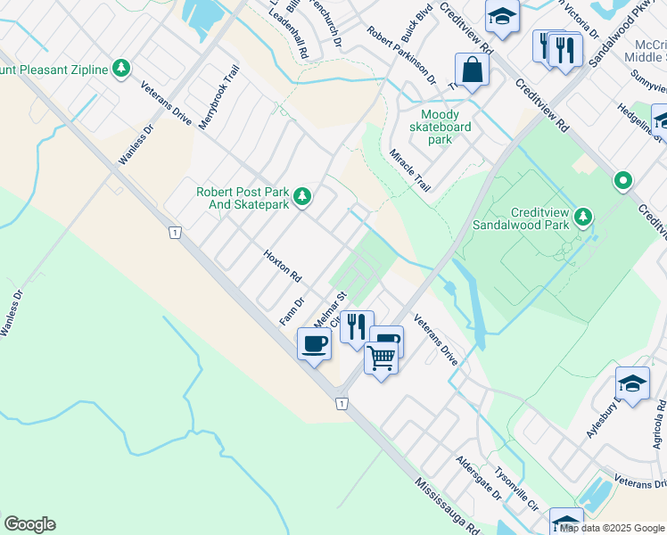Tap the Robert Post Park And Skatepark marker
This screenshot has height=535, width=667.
pos(303,196)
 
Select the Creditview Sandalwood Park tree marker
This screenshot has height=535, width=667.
pos(583,217)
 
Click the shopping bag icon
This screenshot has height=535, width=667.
pos(470,70)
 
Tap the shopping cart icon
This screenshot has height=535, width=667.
pos(381,358)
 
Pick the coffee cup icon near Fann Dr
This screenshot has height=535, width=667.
pos(313,343)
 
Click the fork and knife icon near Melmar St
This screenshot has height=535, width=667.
pos(356,326)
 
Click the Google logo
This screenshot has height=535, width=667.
pos(29,524)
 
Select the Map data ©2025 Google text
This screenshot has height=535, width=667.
pos(611,528)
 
